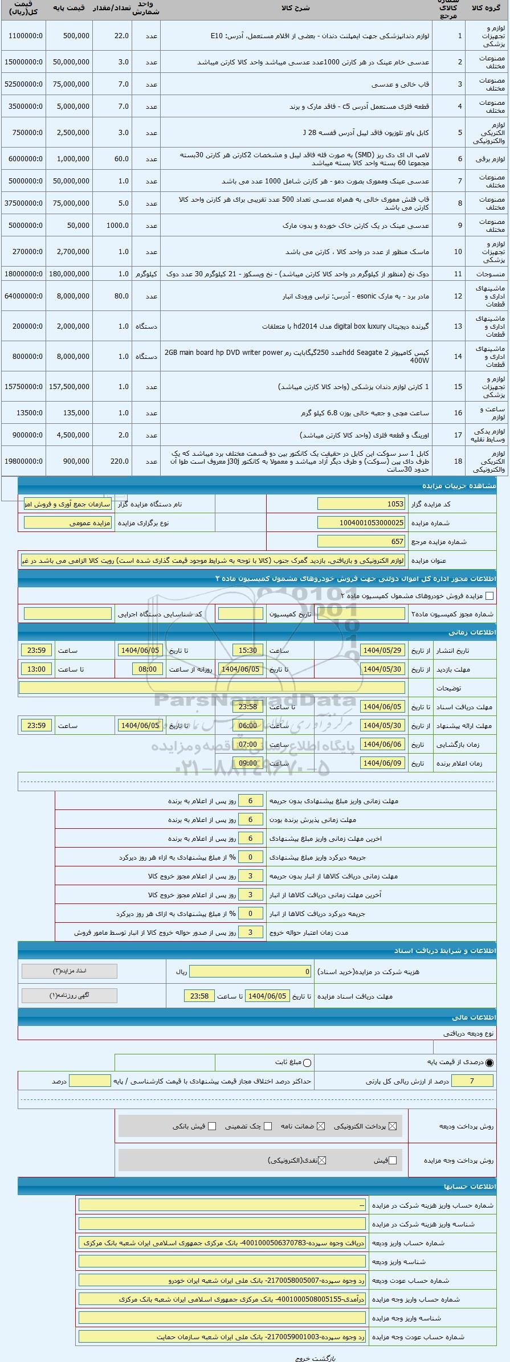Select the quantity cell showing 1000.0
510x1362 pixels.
click(112, 226)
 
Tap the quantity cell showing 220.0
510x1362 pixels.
click(112, 461)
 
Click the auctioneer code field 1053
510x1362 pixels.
click(361, 504)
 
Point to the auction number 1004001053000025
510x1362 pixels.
click(361, 523)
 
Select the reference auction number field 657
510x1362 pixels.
click(361, 542)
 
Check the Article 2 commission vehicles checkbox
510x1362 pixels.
click(489, 596)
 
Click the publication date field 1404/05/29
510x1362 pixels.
click(383, 651)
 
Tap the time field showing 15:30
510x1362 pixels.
click(248, 651)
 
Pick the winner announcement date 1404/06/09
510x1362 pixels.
click(383, 763)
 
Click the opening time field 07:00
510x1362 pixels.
click(248, 745)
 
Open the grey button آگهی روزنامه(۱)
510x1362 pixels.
click(69, 996)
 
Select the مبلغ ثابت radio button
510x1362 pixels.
click(308, 1062)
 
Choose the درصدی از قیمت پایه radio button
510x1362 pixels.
click(489, 1062)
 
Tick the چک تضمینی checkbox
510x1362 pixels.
click(268, 1126)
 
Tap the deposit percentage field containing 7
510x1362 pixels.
click(471, 1081)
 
